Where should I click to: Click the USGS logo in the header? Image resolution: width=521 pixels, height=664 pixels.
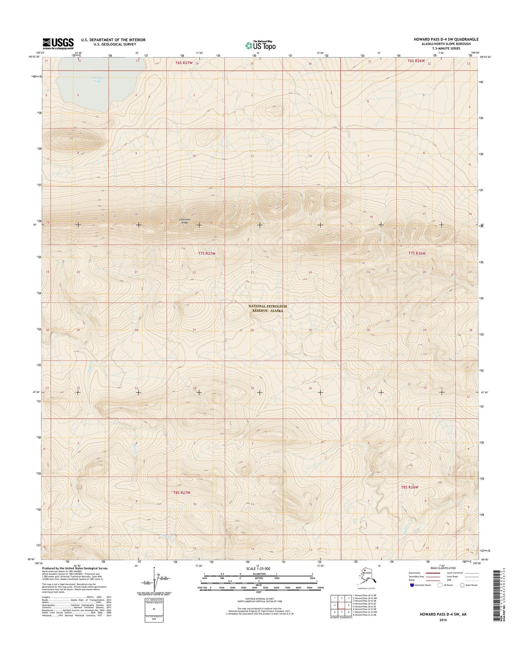[58, 43]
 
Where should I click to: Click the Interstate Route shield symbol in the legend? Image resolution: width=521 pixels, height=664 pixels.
[412, 595]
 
